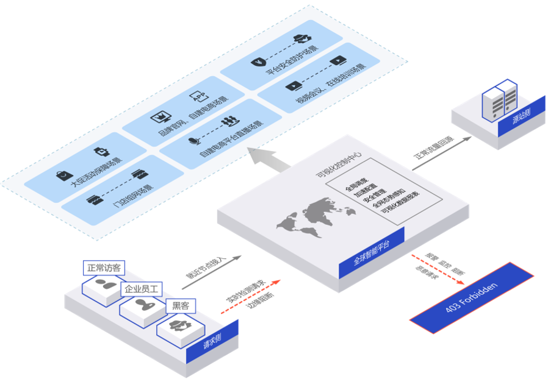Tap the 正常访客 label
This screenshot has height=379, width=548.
[104, 267]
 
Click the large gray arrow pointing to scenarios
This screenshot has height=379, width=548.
[269, 160]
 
